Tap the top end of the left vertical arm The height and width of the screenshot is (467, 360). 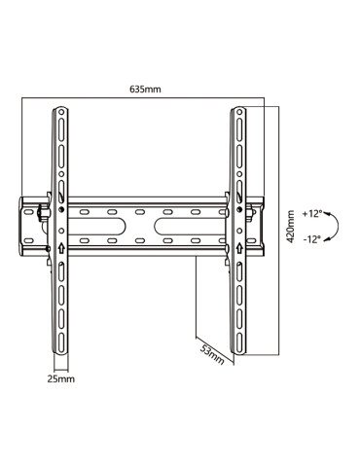pos(60,108)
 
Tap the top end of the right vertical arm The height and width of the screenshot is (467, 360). pos(240,108)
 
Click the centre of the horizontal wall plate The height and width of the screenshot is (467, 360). pos(150,226)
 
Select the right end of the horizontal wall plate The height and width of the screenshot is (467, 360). pos(263,226)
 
